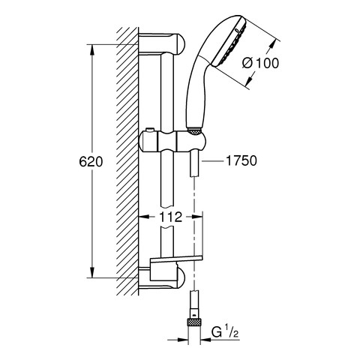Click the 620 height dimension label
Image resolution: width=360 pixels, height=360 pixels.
pyautogui.click(x=91, y=162)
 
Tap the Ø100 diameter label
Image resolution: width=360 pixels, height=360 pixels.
pyautogui.click(x=260, y=63)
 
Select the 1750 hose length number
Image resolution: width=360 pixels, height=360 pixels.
pyautogui.click(x=241, y=160)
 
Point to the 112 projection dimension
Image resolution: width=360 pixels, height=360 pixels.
pyautogui.click(x=171, y=217)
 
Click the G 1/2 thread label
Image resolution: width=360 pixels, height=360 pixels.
pyautogui.click(x=225, y=332)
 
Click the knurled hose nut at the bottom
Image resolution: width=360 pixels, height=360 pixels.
pyautogui.click(x=194, y=322)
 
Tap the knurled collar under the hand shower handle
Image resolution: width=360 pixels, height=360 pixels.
pyautogui.click(x=194, y=131)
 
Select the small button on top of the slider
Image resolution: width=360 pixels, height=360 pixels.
pyautogui.click(x=150, y=130)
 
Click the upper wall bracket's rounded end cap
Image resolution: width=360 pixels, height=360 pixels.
pyautogui.click(x=181, y=44)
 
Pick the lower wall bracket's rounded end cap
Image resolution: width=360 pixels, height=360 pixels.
pyautogui.click(x=181, y=278)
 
